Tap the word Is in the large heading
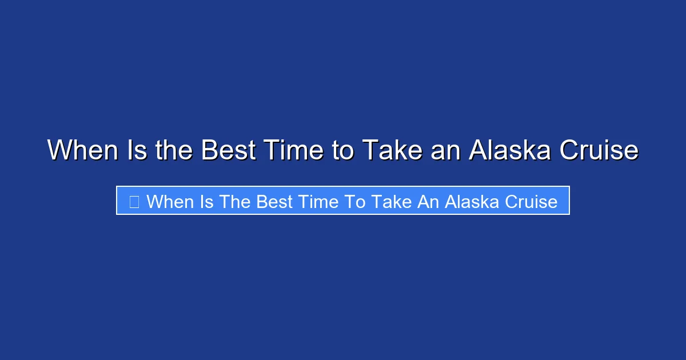coord(129,151)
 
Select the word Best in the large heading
coord(226,151)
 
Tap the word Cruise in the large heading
coord(599,151)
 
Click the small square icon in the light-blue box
coord(134,201)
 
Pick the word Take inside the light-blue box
coord(391,201)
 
